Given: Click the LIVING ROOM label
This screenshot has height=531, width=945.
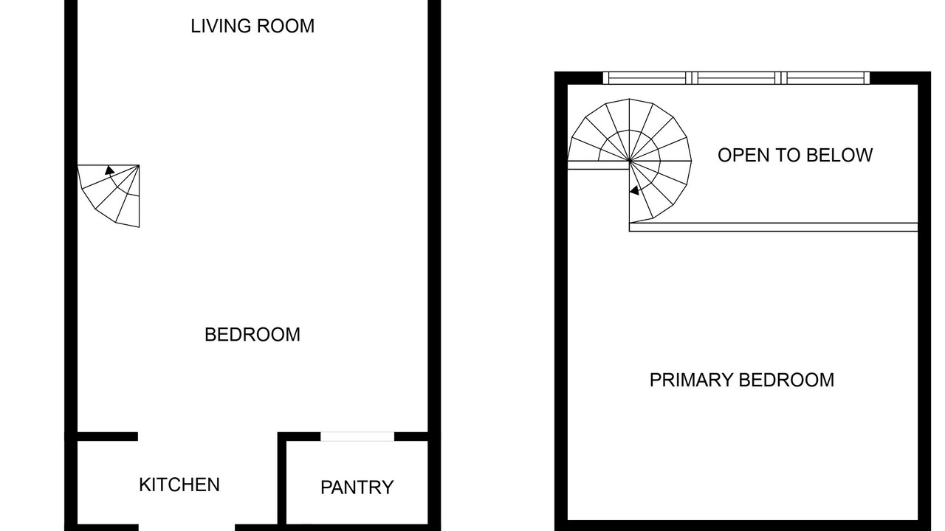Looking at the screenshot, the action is click(252, 26).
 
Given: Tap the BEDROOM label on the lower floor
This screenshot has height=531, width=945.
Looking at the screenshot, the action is click(252, 335).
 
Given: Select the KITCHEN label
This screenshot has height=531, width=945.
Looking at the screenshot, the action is click(179, 485).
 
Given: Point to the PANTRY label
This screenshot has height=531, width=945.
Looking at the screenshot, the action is click(357, 487).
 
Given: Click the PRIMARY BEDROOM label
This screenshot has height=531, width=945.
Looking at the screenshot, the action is click(742, 380).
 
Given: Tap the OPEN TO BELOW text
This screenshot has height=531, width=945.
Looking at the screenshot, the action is click(795, 155).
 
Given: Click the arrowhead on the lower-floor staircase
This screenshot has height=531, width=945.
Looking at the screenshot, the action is click(109, 170).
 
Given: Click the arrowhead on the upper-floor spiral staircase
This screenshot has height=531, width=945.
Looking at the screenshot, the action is click(634, 190).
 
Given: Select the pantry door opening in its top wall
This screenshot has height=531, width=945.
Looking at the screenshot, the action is click(357, 437).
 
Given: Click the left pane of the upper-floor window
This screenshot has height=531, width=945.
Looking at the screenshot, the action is click(647, 78).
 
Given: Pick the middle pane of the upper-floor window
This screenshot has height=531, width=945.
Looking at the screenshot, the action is click(736, 78).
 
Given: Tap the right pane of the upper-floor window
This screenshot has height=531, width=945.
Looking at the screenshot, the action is click(825, 78).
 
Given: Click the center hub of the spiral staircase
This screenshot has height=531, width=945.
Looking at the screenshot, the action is click(630, 161).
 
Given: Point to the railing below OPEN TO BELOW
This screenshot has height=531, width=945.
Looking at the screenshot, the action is click(773, 227).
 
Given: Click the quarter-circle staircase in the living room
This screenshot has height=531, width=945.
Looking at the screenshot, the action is click(109, 195).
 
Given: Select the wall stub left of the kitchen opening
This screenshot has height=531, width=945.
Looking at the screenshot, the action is click(107, 437).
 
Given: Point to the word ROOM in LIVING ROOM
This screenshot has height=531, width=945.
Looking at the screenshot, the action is click(286, 26).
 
